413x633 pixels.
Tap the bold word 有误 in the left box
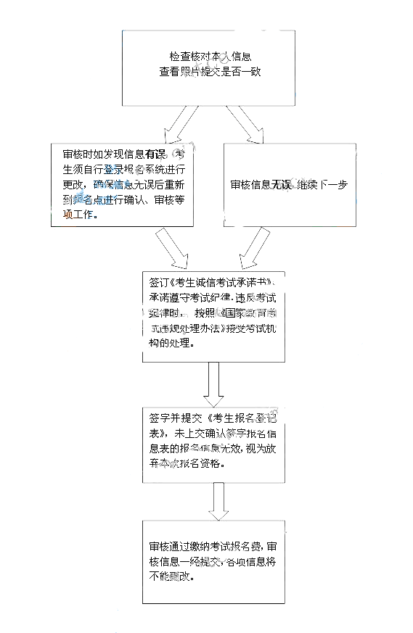[155, 154]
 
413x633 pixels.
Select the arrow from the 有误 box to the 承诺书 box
[170, 249]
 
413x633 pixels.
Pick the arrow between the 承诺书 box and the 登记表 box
[213, 384]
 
